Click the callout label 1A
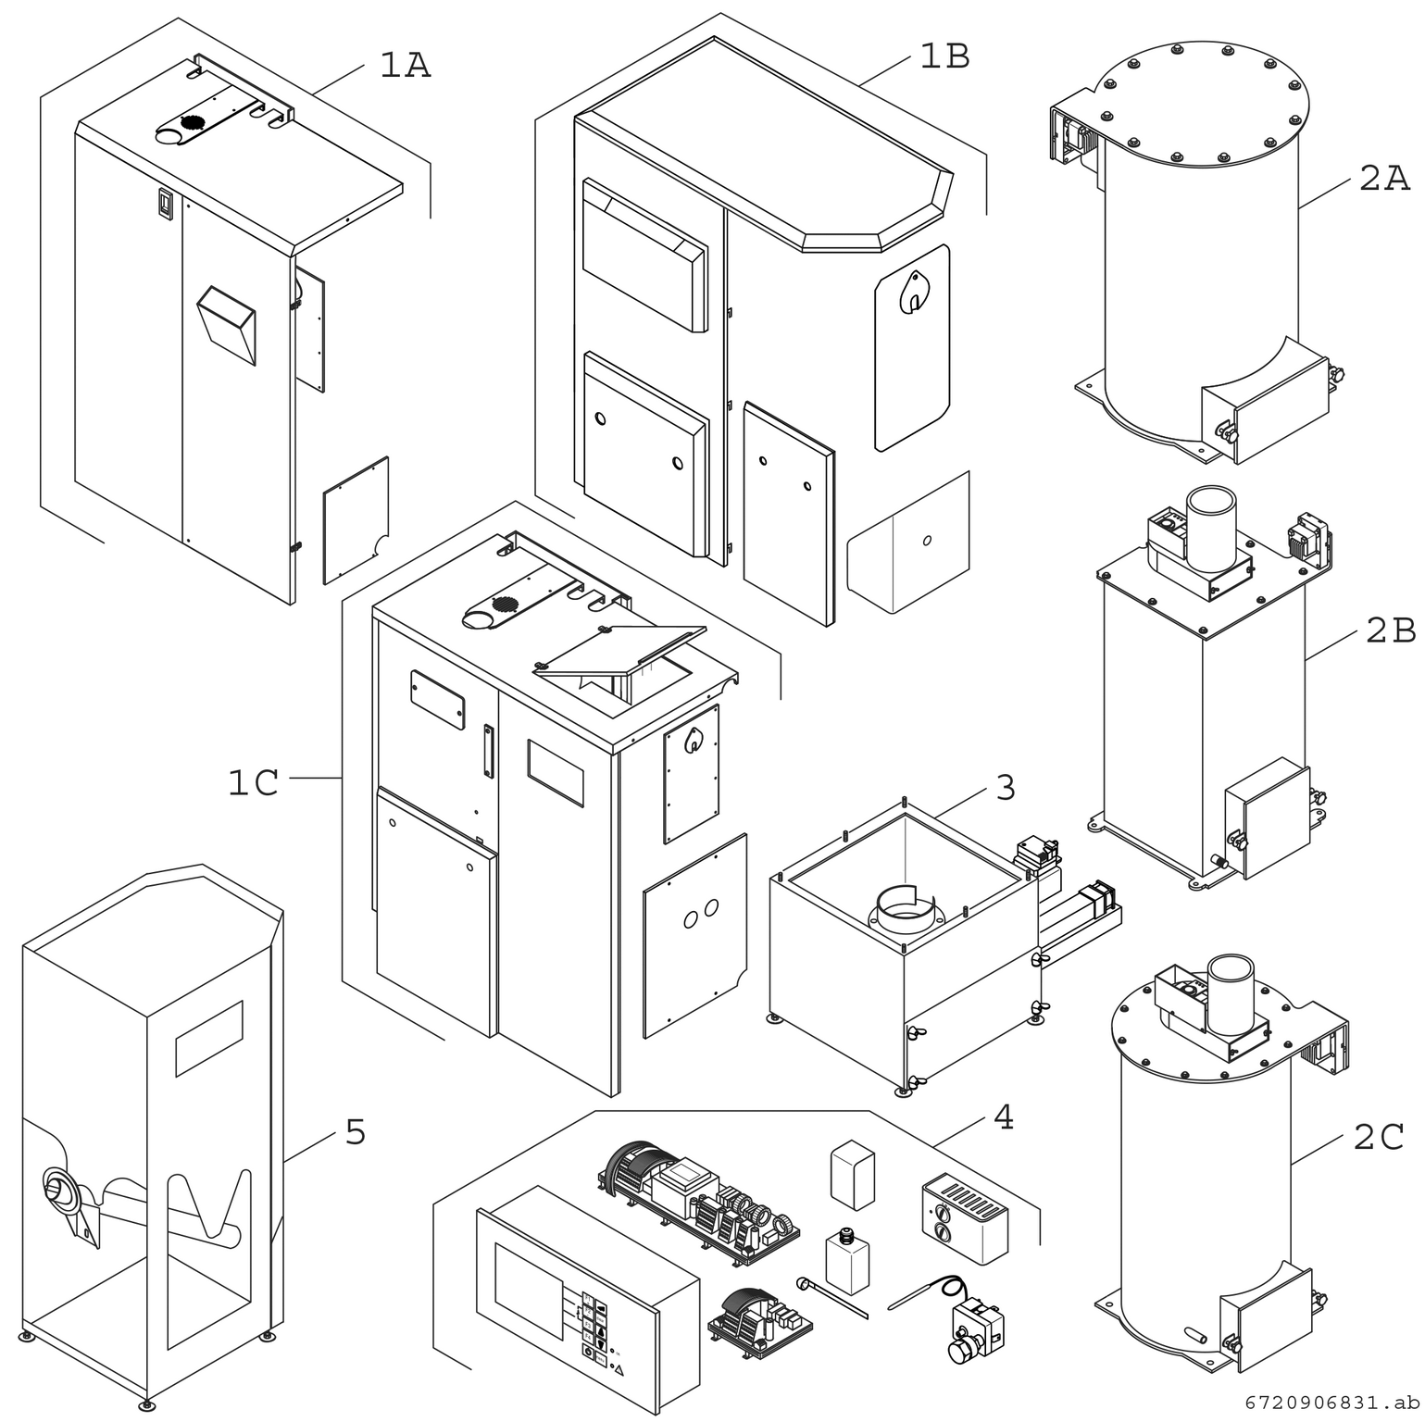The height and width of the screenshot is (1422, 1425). [405, 66]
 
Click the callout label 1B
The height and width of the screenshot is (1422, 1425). [944, 57]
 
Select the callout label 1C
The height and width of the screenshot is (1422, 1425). [253, 783]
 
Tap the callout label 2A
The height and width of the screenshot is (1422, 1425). [1384, 178]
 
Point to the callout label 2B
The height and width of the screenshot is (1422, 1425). [1390, 630]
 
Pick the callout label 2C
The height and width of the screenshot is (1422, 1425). [1379, 1137]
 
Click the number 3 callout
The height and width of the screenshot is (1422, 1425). [1005, 788]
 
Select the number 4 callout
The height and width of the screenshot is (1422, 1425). [1003, 1118]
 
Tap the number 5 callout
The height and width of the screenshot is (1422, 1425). [356, 1132]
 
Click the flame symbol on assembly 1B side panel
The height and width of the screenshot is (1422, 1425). [913, 290]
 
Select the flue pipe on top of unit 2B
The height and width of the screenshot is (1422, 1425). [1210, 530]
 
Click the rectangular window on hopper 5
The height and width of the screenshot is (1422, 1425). [209, 1038]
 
